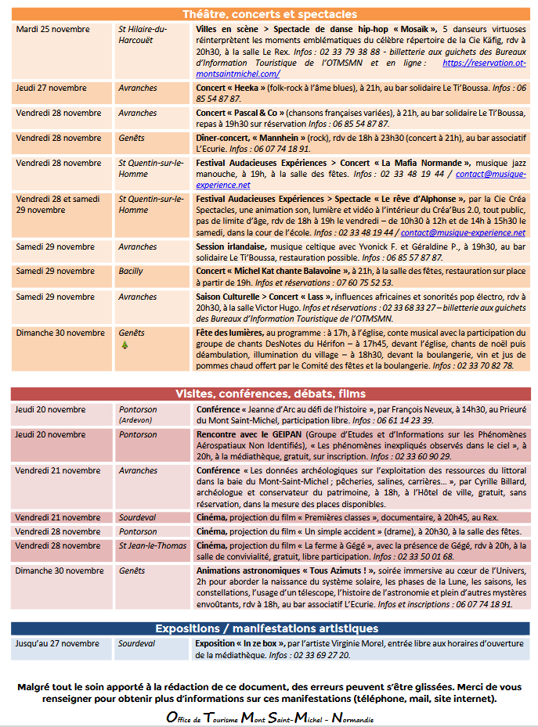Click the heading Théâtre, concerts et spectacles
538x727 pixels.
coord(269,14)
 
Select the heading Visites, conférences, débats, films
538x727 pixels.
coord(269,393)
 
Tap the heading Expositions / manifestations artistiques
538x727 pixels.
coord(269,628)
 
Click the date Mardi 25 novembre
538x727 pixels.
coord(52,29)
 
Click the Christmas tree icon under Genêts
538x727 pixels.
coord(123,344)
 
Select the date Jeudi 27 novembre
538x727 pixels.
coord(52,88)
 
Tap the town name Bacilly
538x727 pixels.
coord(131,271)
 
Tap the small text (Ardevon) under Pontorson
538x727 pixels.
coord(135,420)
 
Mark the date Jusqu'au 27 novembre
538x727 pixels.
coord(57,643)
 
